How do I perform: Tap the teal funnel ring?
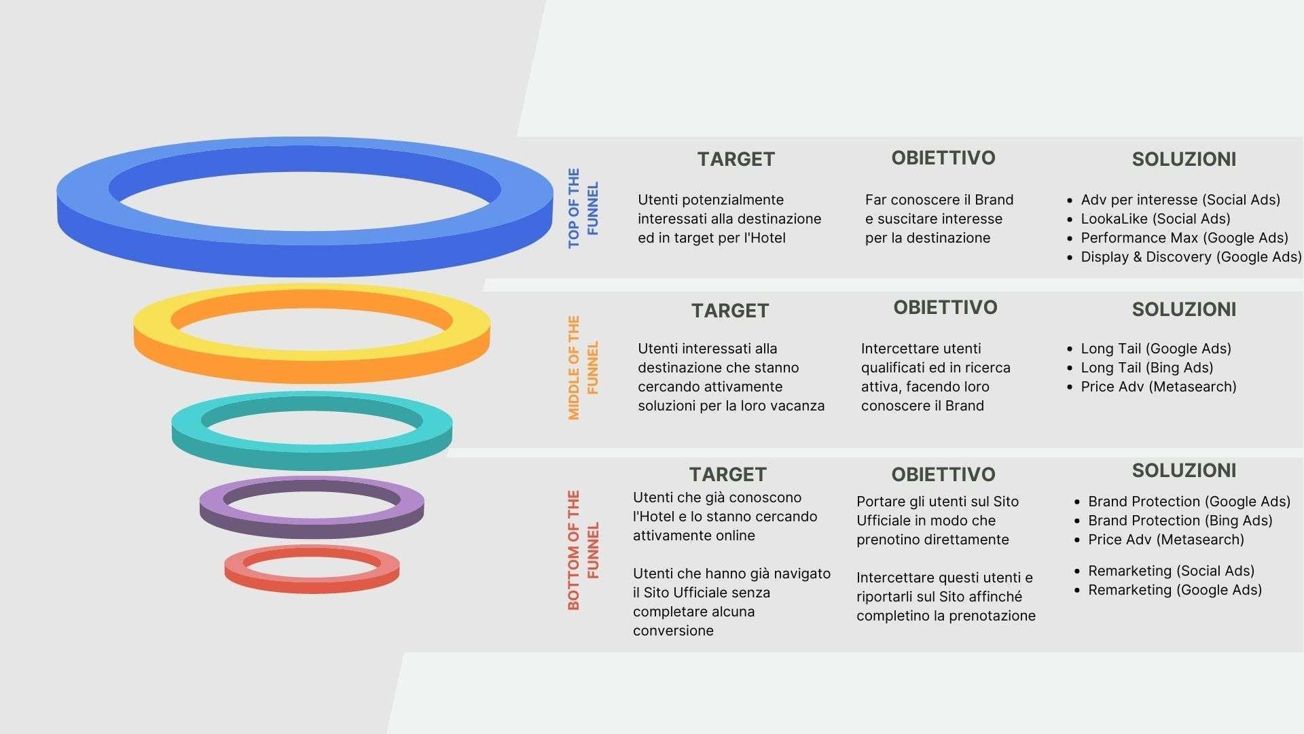(311, 452)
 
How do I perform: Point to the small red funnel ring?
(311, 581)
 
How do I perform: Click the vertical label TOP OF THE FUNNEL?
(583, 208)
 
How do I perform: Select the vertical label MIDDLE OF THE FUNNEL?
(583, 368)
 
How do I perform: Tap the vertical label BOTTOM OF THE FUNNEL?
(583, 550)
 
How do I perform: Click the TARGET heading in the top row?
(736, 159)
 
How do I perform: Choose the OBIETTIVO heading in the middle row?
(945, 307)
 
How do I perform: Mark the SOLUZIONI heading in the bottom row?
(1183, 470)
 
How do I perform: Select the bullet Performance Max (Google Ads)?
(1184, 238)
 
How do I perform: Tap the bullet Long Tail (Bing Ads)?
(1146, 368)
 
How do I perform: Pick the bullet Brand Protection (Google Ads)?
(1189, 502)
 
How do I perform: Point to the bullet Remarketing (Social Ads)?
(1171, 571)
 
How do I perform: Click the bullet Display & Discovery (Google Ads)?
(1191, 257)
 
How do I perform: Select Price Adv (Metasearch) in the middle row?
(1158, 387)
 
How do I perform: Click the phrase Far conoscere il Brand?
(939, 200)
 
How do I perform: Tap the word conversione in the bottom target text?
(673, 631)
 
